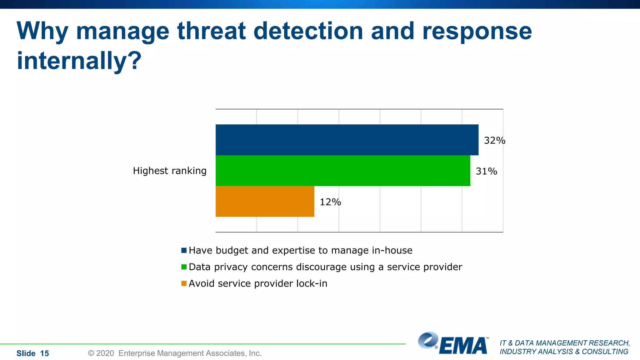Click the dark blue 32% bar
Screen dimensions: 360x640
(x=347, y=140)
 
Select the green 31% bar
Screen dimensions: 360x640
(x=343, y=171)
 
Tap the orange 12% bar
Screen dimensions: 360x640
(x=265, y=201)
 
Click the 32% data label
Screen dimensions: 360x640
(x=494, y=141)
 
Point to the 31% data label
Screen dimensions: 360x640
(x=486, y=171)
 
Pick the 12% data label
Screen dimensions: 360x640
(x=330, y=202)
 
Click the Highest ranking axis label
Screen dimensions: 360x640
(x=170, y=171)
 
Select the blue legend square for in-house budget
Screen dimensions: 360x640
(x=184, y=250)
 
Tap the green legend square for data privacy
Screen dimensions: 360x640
(x=184, y=267)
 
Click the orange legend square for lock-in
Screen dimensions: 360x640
(x=184, y=283)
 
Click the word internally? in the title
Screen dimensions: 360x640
(x=79, y=61)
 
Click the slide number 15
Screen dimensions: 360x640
(x=44, y=353)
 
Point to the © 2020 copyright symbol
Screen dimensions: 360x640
(x=91, y=353)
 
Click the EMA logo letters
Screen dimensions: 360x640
(x=463, y=346)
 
